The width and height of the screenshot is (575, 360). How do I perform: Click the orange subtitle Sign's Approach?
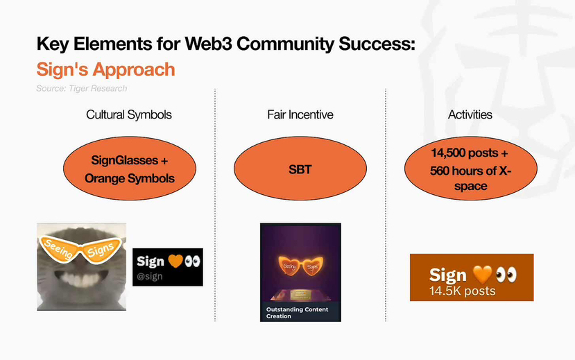(106, 69)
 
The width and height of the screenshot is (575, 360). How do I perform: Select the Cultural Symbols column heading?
(129, 114)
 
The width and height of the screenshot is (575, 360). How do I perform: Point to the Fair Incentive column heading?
(300, 114)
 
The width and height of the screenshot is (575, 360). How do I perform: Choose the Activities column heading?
(470, 114)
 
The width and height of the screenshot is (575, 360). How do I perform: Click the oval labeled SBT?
(300, 169)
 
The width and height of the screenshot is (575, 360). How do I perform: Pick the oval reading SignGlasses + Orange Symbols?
(130, 169)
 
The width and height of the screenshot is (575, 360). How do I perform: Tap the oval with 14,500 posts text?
(471, 169)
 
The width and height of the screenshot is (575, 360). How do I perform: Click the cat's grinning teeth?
(78, 280)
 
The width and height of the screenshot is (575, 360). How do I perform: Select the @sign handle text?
(150, 276)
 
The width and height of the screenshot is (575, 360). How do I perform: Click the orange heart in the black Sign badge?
(175, 261)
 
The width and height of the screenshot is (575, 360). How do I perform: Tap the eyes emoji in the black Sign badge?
(193, 261)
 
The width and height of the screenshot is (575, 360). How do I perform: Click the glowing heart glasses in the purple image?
(301, 266)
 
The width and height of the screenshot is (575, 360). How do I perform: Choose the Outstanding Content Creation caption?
(298, 313)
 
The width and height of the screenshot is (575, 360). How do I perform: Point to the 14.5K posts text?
(463, 291)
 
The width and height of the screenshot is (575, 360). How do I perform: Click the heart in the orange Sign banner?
(482, 275)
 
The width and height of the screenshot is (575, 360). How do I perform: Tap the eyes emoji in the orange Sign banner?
(506, 275)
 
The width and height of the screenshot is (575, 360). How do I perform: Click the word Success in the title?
(377, 44)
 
